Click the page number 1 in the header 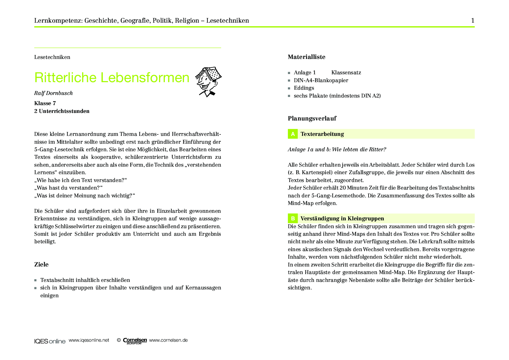pyautogui.click(x=473, y=21)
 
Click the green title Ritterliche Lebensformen pyautogui.click(x=112, y=78)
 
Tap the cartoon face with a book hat pyautogui.click(x=208, y=81)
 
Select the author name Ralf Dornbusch pyautogui.click(x=53, y=93)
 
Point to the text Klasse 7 pyautogui.click(x=45, y=103)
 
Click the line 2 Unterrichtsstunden pyautogui.click(x=62, y=111)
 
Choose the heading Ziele pyautogui.click(x=41, y=264)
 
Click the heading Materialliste pyautogui.click(x=306, y=57)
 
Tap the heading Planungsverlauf pyautogui.click(x=312, y=118)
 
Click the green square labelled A pyautogui.click(x=293, y=134)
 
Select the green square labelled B pyautogui.click(x=293, y=218)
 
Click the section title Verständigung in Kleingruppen pyautogui.click(x=342, y=218)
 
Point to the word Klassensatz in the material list pyautogui.click(x=346, y=73)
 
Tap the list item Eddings pyautogui.click(x=304, y=88)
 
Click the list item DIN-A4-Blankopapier pyautogui.click(x=321, y=80)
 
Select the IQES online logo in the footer pyautogui.click(x=50, y=341)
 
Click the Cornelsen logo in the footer pyautogui.click(x=135, y=341)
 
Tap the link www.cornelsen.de pyautogui.click(x=168, y=340)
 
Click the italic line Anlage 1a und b pyautogui.click(x=337, y=150)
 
